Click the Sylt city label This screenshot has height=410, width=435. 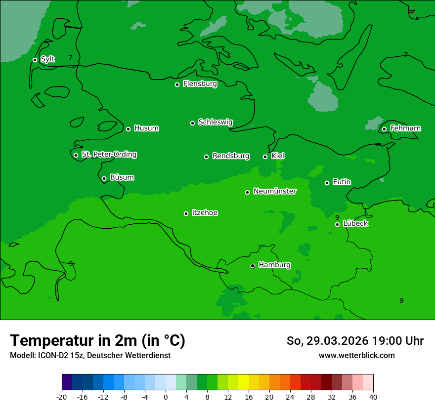click(47, 59)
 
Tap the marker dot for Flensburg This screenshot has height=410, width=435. click(177, 84)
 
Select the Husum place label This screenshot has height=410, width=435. click(146, 128)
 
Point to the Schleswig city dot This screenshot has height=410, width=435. click(193, 123)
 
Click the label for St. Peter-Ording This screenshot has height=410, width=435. click(109, 155)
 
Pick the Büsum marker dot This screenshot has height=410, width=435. click(104, 178)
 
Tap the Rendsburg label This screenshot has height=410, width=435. click(231, 156)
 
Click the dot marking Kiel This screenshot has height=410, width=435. click(265, 157)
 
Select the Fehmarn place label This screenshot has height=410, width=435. click(406, 128)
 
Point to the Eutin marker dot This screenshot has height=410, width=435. click(327, 183)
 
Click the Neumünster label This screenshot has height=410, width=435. click(275, 191)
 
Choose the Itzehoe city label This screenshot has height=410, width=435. click(205, 213)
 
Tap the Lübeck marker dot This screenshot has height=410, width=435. click(337, 224)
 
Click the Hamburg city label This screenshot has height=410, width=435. click(274, 265)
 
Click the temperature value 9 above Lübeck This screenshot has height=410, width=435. click(337, 217)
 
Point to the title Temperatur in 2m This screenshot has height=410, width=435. click(97, 340)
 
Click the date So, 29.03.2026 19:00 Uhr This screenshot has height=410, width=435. click(355, 341)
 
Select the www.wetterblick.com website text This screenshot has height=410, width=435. click(356, 356)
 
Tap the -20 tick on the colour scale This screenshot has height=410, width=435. click(62, 397)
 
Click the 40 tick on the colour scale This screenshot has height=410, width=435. click(373, 397)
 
